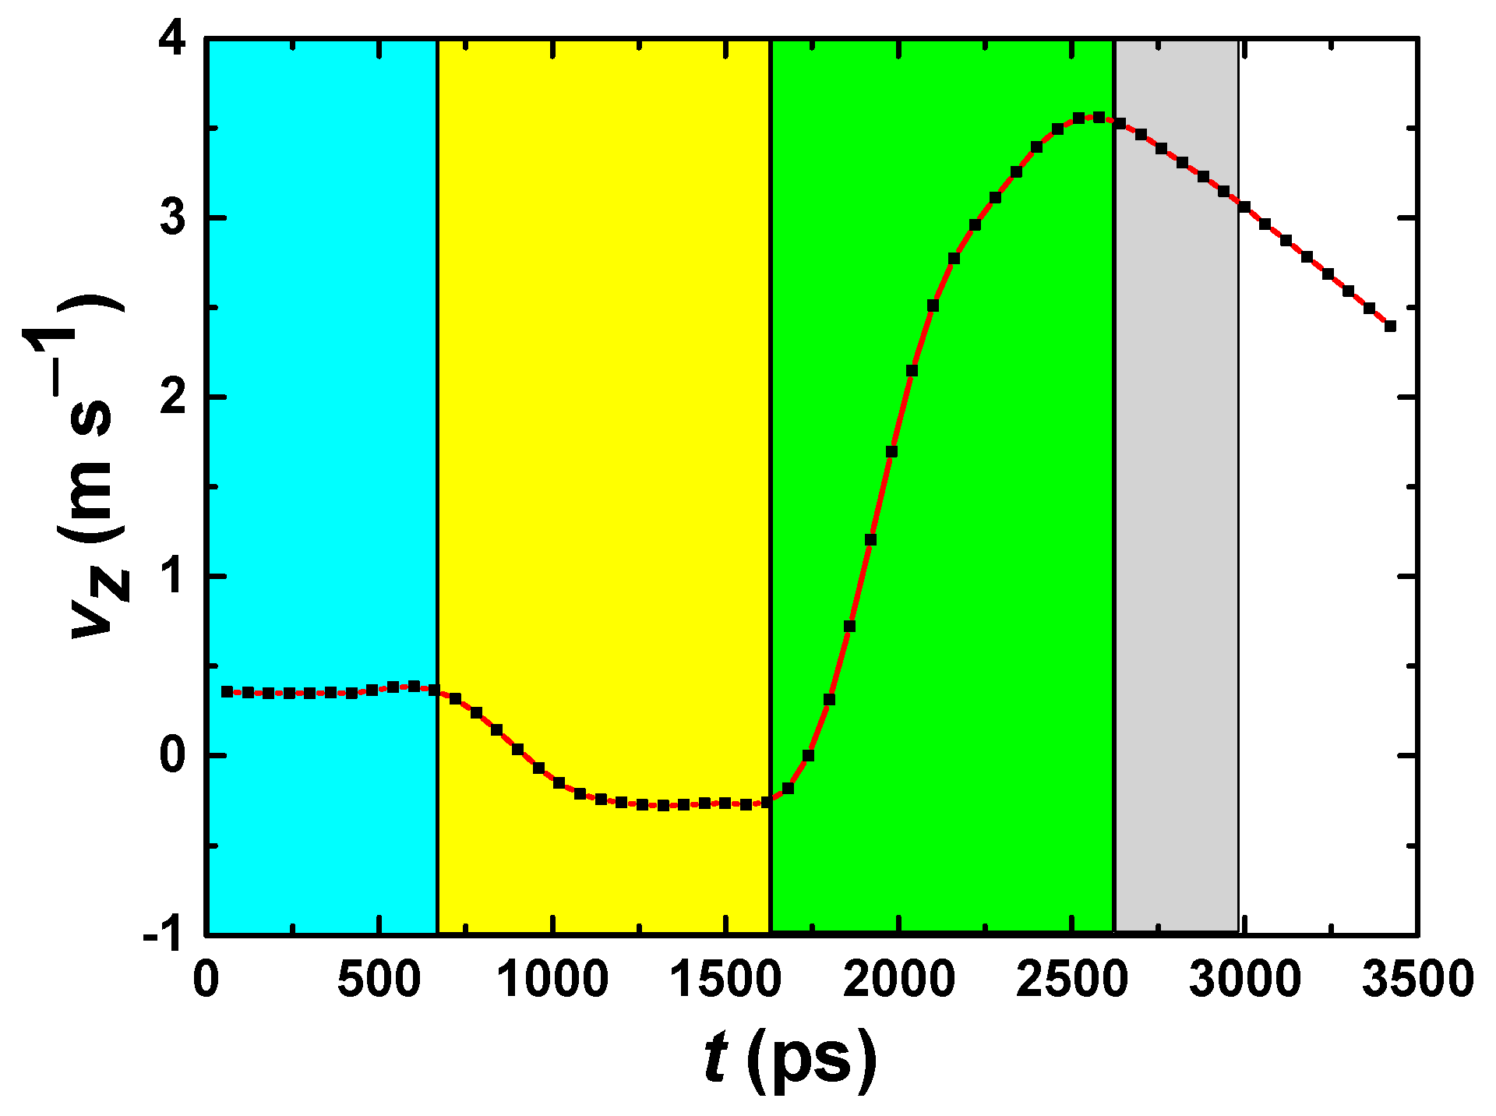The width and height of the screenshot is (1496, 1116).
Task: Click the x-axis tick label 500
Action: [379, 980]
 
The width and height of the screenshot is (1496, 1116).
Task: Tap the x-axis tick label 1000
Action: [552, 980]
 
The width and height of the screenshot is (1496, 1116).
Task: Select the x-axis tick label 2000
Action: [898, 980]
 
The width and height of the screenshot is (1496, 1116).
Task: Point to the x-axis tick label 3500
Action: [1417, 980]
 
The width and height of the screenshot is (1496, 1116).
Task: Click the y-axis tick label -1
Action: [164, 933]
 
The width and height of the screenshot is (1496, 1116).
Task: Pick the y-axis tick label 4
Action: [173, 39]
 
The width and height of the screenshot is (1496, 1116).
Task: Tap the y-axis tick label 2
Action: [173, 397]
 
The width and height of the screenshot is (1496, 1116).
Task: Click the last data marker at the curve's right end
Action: [1390, 327]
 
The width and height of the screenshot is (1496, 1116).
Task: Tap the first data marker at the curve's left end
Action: [227, 691]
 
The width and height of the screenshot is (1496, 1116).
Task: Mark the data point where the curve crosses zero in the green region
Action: [808, 755]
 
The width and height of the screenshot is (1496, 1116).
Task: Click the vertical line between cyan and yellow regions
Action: [437, 468]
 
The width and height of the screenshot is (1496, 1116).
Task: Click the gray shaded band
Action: [1177, 546]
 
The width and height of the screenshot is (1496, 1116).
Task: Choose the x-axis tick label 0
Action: [206, 980]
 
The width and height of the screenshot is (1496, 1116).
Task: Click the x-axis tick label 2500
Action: [1071, 980]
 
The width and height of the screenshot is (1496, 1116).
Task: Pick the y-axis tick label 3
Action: [173, 218]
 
